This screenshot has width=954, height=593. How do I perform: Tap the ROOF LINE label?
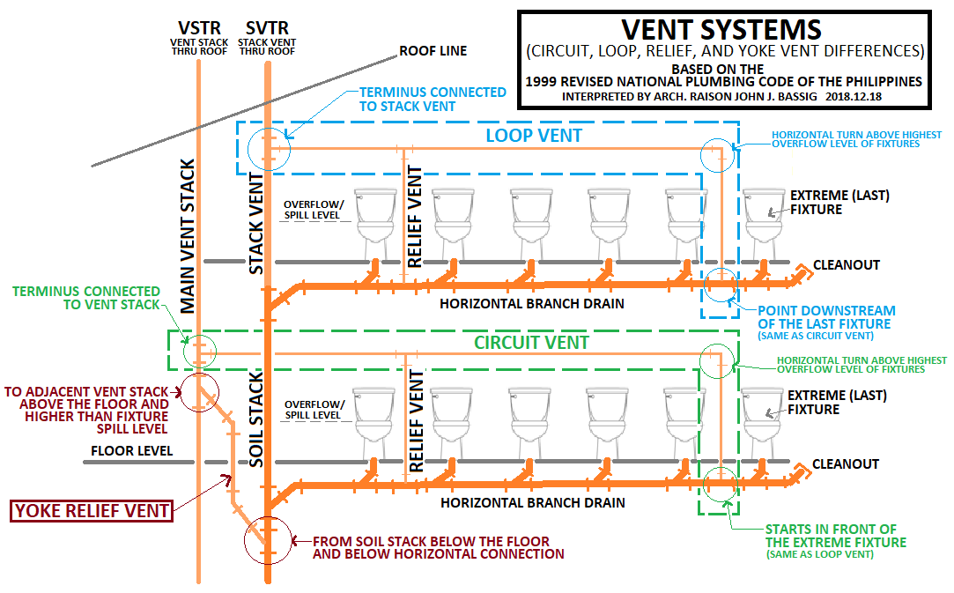[433, 51]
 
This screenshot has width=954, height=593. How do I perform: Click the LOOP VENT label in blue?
[535, 136]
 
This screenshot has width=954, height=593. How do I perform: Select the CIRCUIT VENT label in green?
[532, 342]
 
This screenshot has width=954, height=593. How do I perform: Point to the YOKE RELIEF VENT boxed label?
[91, 509]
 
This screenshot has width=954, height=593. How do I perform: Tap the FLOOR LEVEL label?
[131, 452]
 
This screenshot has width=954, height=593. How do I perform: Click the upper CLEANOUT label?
[846, 264]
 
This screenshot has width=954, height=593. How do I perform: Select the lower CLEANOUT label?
[846, 463]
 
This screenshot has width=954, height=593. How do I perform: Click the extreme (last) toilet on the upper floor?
[764, 217]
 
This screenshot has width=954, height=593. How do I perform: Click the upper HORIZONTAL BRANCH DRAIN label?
[532, 304]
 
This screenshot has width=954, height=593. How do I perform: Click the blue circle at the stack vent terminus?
[269, 147]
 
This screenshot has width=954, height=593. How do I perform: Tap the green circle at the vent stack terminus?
[199, 351]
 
